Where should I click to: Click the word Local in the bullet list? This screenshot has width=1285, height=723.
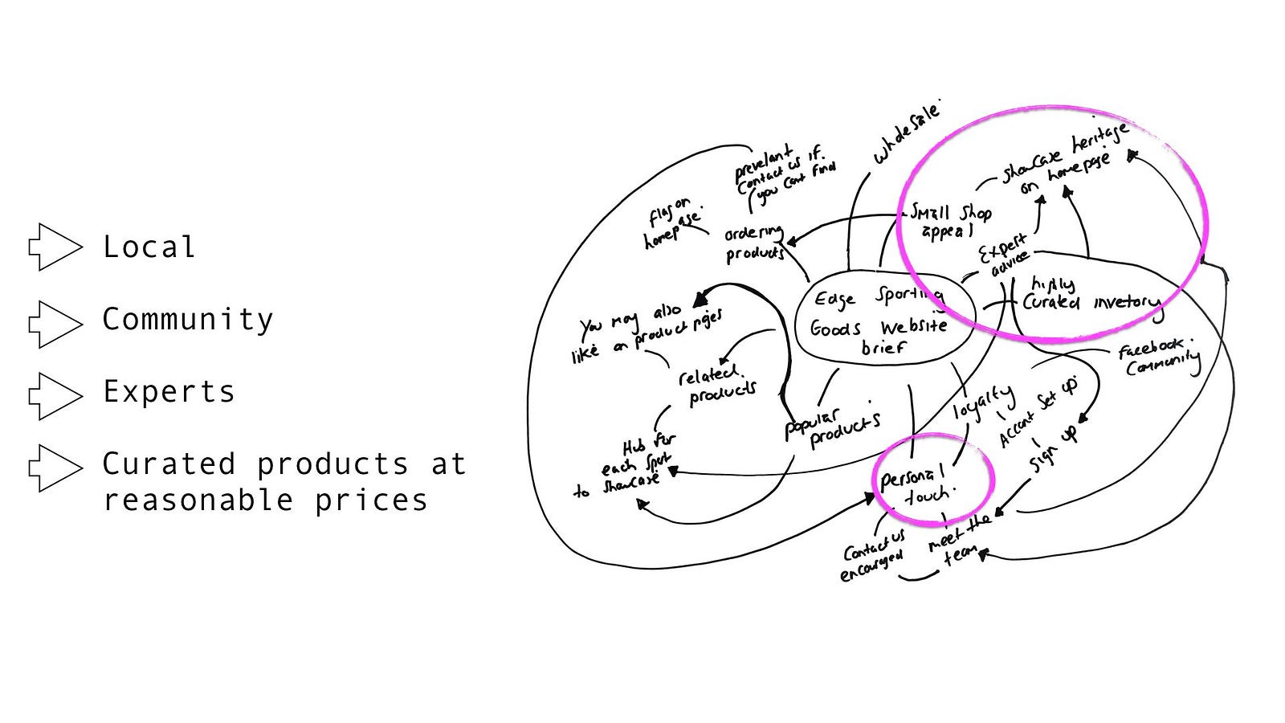(x=149, y=247)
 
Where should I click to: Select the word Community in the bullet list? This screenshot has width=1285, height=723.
(x=187, y=319)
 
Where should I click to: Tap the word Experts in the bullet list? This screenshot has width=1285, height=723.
(x=169, y=391)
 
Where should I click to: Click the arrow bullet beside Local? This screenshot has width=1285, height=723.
(x=55, y=247)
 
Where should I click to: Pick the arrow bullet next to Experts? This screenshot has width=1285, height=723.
(x=55, y=396)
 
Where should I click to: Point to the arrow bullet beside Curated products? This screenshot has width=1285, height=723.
(x=55, y=468)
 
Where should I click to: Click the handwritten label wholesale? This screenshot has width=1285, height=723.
(x=906, y=133)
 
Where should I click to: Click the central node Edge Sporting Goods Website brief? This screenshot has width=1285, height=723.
(x=881, y=321)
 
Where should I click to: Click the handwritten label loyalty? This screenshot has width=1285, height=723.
(x=983, y=401)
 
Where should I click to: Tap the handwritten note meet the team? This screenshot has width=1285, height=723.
(x=960, y=539)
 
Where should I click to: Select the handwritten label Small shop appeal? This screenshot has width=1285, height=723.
(x=949, y=221)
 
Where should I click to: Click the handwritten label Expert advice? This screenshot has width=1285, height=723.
(x=1005, y=255)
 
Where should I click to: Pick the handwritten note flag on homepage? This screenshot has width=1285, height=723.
(x=672, y=222)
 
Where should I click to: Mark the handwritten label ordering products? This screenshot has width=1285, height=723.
(x=754, y=243)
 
